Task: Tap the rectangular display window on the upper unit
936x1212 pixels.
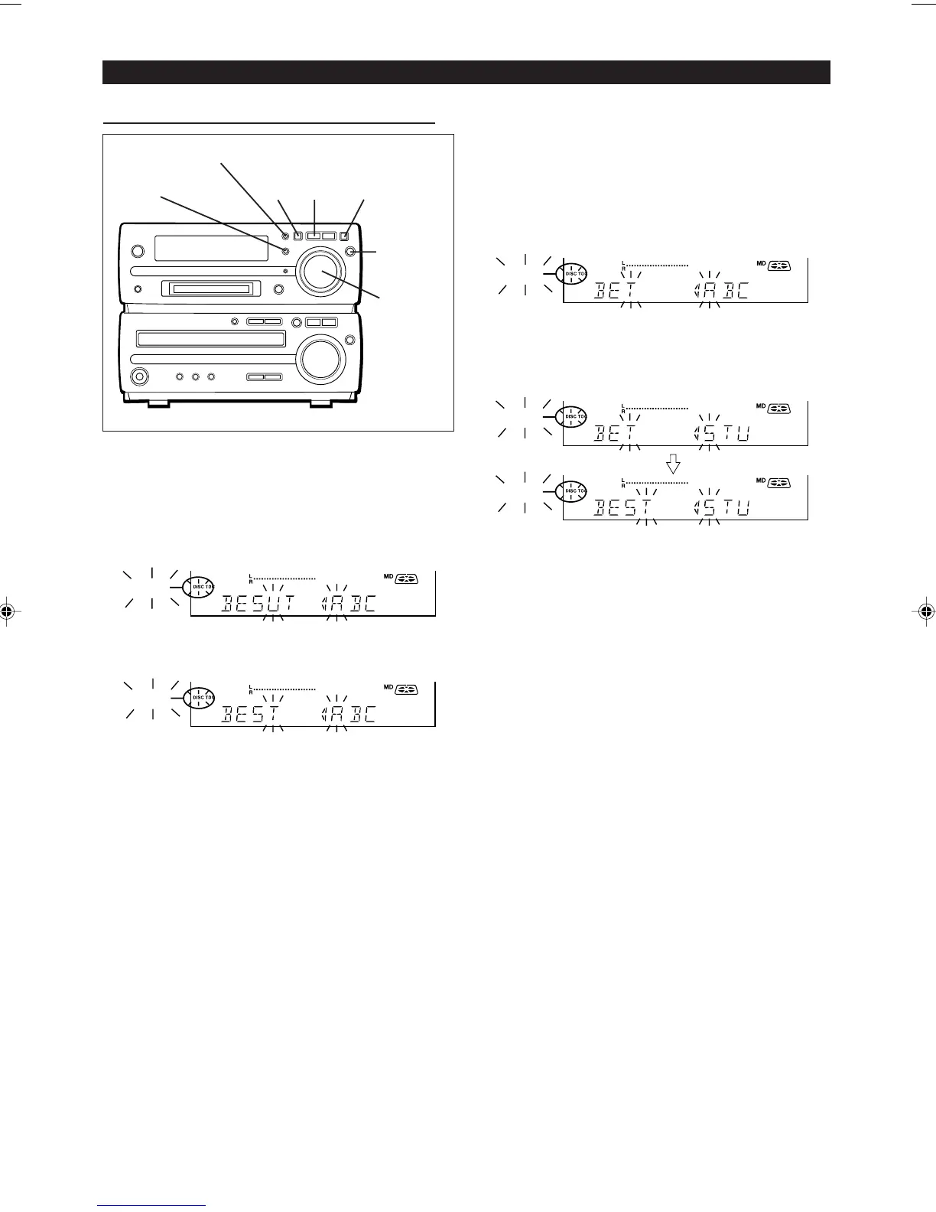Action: (211, 248)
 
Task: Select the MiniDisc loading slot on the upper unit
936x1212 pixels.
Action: (211, 288)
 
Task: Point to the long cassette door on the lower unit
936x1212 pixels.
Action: (211, 339)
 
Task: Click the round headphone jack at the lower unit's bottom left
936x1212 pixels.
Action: (139, 376)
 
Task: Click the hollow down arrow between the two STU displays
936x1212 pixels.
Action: (674, 464)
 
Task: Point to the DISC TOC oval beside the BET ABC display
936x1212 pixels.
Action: (572, 273)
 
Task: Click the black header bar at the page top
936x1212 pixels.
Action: (466, 72)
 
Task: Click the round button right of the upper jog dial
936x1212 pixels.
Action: (351, 252)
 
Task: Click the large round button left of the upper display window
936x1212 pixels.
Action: (137, 251)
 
